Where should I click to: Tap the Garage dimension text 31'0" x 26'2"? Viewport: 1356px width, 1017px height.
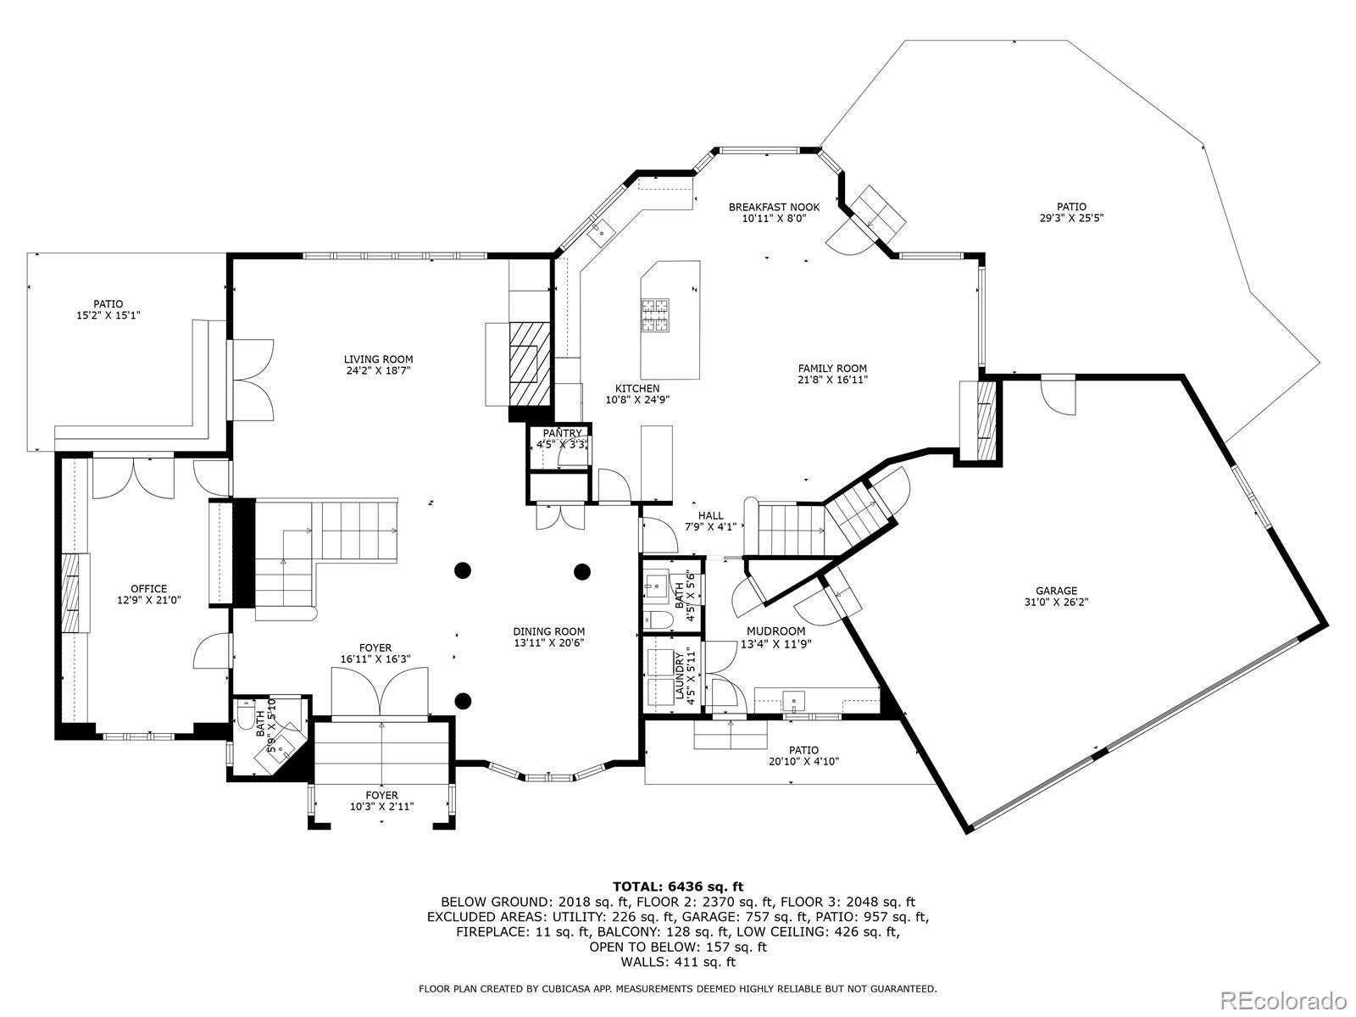(x=1056, y=602)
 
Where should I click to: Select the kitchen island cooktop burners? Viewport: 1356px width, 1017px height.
(x=655, y=314)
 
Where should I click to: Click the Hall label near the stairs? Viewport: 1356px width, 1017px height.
(x=710, y=515)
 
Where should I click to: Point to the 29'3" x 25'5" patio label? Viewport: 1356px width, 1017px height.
(x=1071, y=213)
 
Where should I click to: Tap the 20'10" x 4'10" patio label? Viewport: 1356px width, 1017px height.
(x=803, y=756)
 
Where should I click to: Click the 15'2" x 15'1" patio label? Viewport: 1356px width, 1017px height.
(x=108, y=309)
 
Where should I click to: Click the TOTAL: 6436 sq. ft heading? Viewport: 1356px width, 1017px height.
(x=678, y=887)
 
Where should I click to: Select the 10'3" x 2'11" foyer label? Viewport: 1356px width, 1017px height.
(x=381, y=801)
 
